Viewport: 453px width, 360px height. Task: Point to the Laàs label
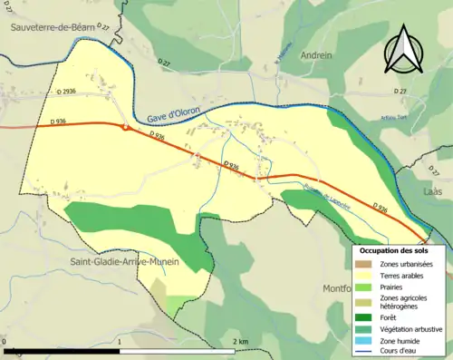coord(431,192)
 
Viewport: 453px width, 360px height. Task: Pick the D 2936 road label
coord(65,92)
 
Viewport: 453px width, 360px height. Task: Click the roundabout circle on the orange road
coord(125,128)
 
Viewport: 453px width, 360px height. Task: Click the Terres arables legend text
coord(404,276)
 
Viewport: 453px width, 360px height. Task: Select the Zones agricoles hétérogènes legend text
coord(404,302)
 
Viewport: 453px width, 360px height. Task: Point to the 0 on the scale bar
coord(5,341)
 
